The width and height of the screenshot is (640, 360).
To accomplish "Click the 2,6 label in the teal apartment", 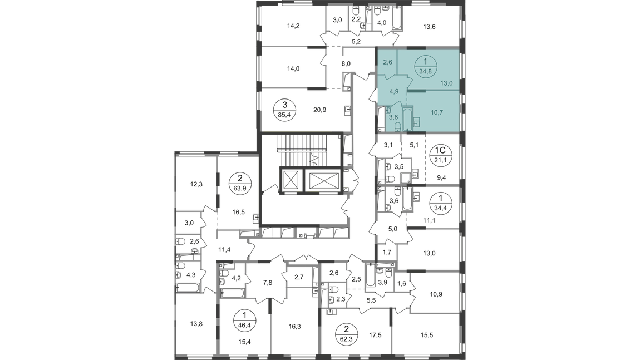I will click(388, 63).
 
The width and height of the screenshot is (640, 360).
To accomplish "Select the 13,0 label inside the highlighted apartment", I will click(447, 84).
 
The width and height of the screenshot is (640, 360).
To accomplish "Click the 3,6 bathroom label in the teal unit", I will click(392, 117).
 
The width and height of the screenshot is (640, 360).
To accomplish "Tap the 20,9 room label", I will click(319, 110).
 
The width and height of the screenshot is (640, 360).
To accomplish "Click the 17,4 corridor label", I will click(223, 249).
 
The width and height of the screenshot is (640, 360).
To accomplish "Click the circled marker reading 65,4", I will click(285, 106).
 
